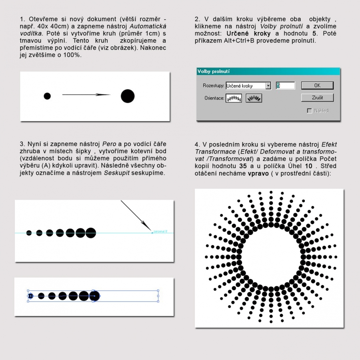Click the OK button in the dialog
coord(317,85)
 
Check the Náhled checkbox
coord(309,111)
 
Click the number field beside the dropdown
coord(286,86)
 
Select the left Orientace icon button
coord(234,98)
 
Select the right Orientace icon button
coord(254,98)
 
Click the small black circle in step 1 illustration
coord(47,96)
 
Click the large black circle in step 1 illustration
coord(128,96)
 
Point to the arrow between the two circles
coord(86,95)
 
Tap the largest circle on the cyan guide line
coord(91,233)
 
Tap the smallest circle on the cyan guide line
coord(29,233)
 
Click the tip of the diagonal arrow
coord(151,232)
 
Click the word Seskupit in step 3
coord(116,173)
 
